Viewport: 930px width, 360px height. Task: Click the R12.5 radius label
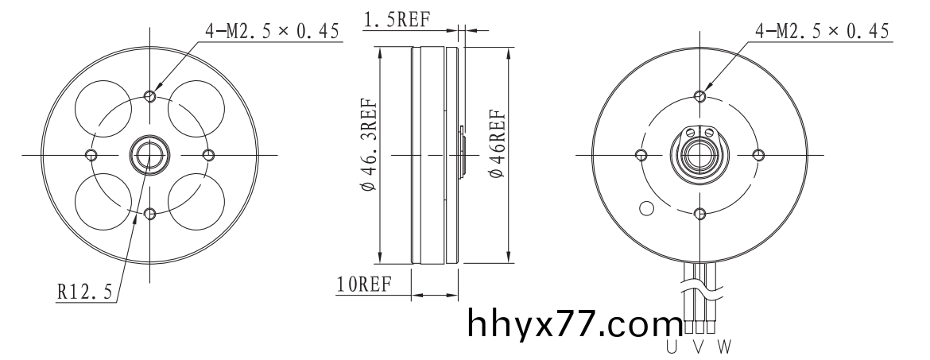(x=84, y=292)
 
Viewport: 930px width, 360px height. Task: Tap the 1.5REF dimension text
(x=396, y=20)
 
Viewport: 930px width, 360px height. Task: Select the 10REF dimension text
(x=364, y=285)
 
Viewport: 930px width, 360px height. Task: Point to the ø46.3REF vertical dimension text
(x=368, y=145)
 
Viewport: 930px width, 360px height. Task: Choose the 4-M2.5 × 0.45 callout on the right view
(x=822, y=31)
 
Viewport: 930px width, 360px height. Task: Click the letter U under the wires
(x=672, y=346)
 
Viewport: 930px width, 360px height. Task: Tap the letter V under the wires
(x=699, y=346)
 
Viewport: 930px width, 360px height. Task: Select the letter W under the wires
(x=724, y=346)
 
